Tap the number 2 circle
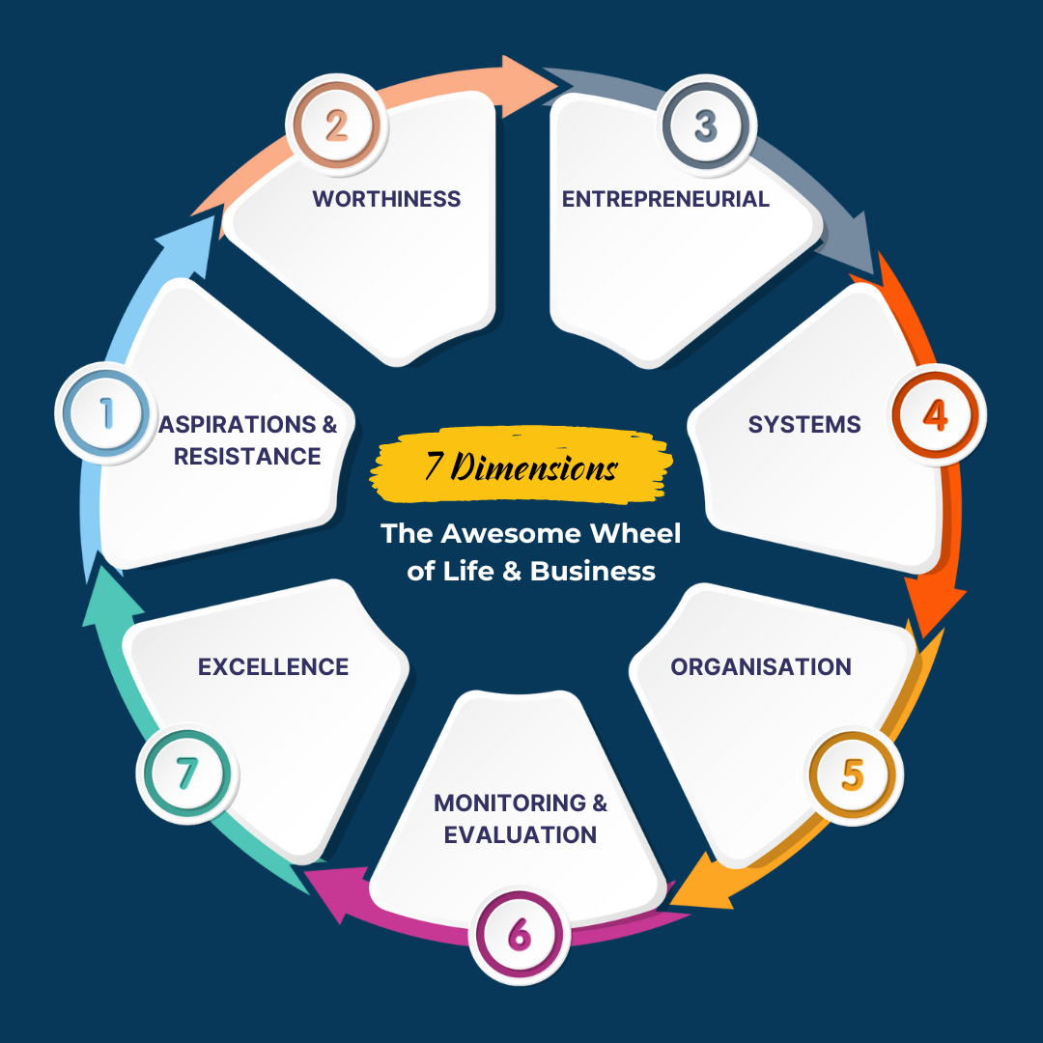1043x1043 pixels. click(x=335, y=126)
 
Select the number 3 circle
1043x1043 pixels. click(x=707, y=126)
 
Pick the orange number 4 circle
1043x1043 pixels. click(x=935, y=414)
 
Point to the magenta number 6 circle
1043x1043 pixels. click(x=519, y=935)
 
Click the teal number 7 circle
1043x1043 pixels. click(x=187, y=773)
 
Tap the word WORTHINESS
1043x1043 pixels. click(x=386, y=199)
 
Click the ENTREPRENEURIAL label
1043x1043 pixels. click(x=665, y=199)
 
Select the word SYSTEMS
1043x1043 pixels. click(x=804, y=424)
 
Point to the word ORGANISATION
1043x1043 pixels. click(x=761, y=666)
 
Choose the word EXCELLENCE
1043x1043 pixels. click(x=273, y=666)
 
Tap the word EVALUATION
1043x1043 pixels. click(x=521, y=834)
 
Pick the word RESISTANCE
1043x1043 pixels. click(x=247, y=456)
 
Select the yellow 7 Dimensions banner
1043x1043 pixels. click(x=522, y=468)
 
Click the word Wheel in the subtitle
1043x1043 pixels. click(x=635, y=533)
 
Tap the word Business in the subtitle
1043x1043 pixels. click(x=593, y=571)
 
